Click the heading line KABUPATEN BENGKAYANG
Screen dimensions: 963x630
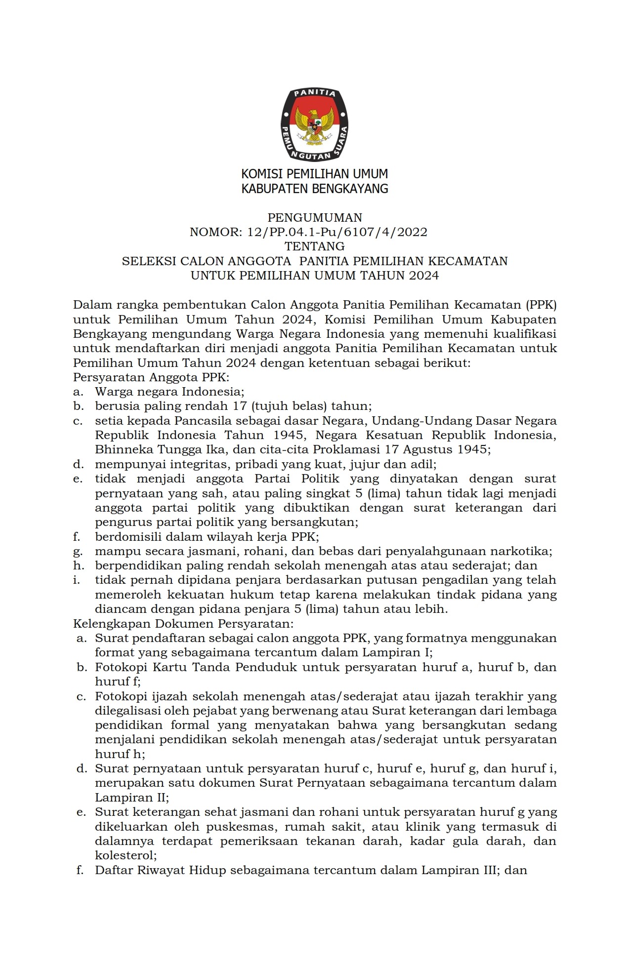point(314,188)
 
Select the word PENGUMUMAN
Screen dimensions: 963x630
point(315,217)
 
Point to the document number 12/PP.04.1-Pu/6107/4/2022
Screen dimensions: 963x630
point(336,232)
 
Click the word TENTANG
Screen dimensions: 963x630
point(315,246)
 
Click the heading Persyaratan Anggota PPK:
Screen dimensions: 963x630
point(151,378)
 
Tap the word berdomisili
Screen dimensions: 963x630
point(126,537)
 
